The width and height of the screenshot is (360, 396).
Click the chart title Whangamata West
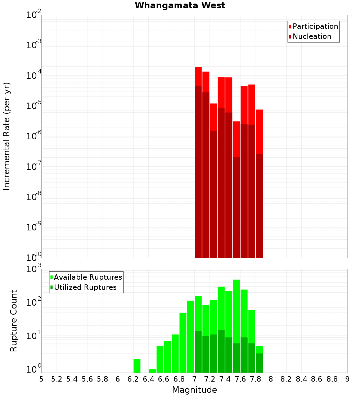(x=180, y=5)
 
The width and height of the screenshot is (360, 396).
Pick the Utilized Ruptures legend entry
(x=85, y=287)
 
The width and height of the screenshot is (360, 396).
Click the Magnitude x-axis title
(x=194, y=390)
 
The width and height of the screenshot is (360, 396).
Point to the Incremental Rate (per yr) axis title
(x=7, y=136)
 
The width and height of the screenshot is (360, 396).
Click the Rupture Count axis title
(x=14, y=320)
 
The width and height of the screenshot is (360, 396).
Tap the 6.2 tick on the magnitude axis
(x=133, y=379)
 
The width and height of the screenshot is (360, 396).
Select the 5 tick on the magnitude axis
(x=41, y=379)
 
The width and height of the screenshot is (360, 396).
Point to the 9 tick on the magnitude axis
(x=347, y=379)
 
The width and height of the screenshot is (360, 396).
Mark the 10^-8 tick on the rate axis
(x=33, y=197)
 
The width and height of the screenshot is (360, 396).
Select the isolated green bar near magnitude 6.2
(x=137, y=366)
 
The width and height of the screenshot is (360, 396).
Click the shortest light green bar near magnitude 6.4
(x=152, y=371)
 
